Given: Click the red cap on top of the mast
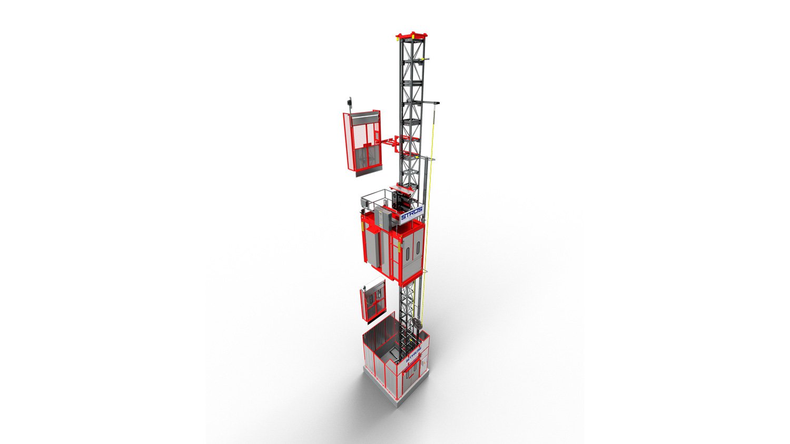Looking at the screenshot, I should pyautogui.click(x=411, y=36).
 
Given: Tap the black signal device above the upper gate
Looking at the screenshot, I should pyautogui.click(x=349, y=101).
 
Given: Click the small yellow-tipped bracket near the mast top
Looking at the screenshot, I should pyautogui.click(x=426, y=58).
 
